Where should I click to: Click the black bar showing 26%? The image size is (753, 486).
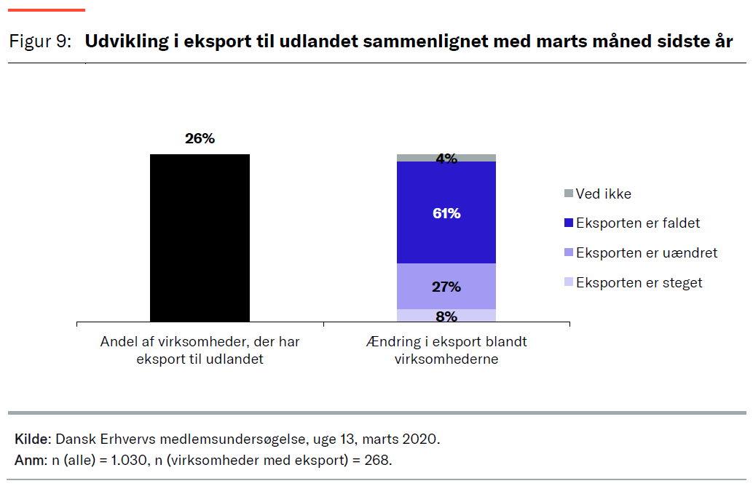coord(200,238)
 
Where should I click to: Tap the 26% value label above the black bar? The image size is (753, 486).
coord(200,138)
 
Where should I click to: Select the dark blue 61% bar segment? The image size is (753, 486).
coord(446,212)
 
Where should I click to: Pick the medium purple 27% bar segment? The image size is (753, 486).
coord(446,286)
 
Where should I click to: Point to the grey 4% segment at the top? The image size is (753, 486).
coord(446,158)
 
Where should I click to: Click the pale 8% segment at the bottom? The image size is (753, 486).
coord(446,316)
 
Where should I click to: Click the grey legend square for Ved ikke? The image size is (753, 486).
coord(569,194)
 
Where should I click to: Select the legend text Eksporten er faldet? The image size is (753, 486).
coord(638,223)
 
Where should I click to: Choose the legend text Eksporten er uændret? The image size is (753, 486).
coord(647,253)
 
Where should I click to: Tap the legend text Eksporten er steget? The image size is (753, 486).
coord(639,283)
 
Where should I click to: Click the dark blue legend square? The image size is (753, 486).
coord(569,223)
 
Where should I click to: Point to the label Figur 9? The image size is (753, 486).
coord(40,41)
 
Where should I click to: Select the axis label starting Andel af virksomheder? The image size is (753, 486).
coord(200,350)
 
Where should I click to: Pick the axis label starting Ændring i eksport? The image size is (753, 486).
coord(446,350)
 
